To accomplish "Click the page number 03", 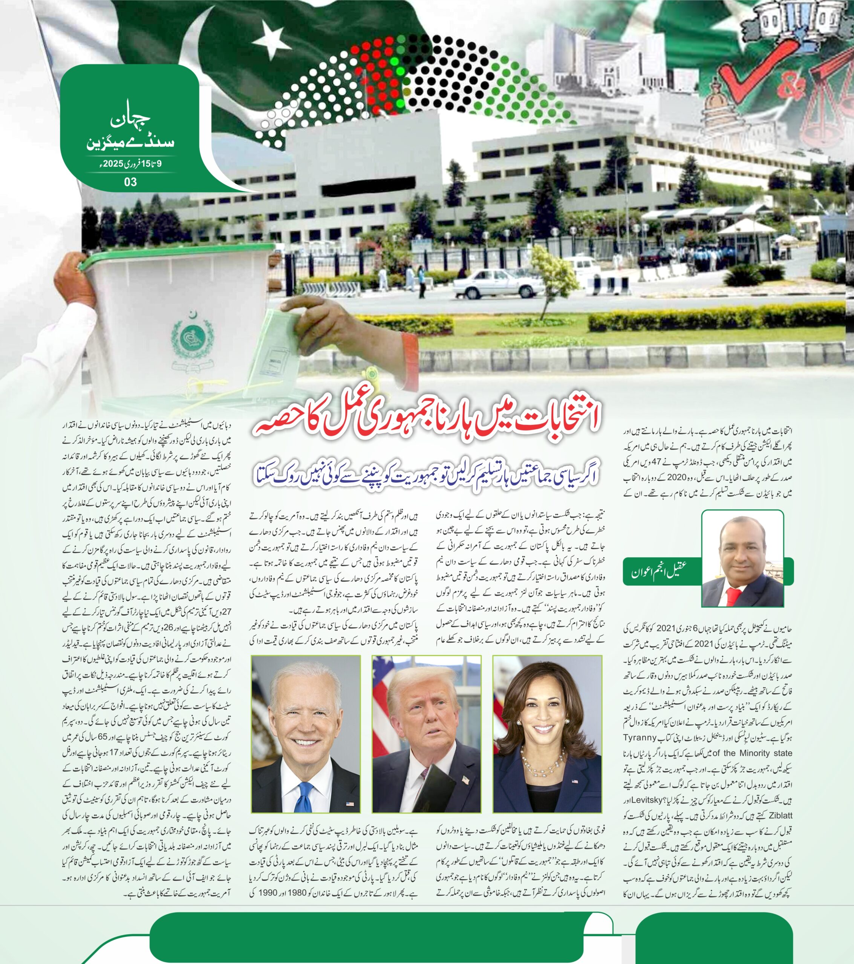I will point(130,182).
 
